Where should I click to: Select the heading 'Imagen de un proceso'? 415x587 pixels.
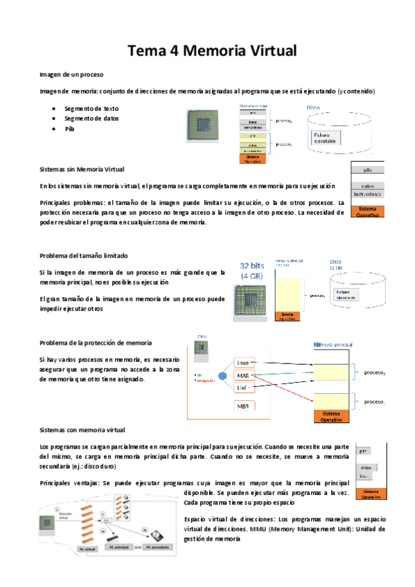[71, 74]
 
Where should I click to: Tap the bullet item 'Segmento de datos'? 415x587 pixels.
[91, 118]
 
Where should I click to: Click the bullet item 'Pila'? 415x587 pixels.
[69, 129]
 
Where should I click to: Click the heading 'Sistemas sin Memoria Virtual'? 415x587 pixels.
[82, 170]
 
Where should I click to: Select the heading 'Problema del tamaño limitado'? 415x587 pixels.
[84, 256]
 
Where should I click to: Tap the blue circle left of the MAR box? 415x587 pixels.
[222, 376]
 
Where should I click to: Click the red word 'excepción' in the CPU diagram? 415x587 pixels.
[206, 381]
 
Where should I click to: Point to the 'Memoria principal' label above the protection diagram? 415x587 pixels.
[339, 345]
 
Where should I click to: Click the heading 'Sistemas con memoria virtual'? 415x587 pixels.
[82, 430]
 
